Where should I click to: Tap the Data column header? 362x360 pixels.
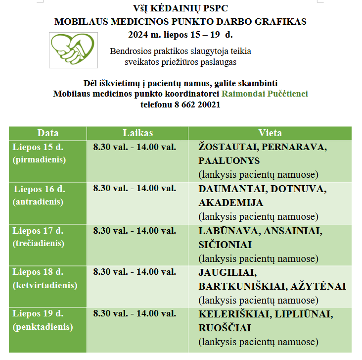point(48,133)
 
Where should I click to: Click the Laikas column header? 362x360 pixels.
point(137,133)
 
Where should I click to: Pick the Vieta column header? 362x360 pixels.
point(270,133)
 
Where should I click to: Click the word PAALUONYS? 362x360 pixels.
point(229,161)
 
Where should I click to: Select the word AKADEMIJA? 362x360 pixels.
point(231,203)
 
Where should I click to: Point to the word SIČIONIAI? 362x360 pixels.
point(225,245)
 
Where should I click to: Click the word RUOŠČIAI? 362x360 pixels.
point(225,328)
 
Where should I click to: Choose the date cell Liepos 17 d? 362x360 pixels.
point(38,230)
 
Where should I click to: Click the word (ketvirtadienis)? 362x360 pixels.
point(45,285)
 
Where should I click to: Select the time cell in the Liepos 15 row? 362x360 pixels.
point(135,147)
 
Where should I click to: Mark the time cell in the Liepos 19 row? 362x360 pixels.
point(135,313)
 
